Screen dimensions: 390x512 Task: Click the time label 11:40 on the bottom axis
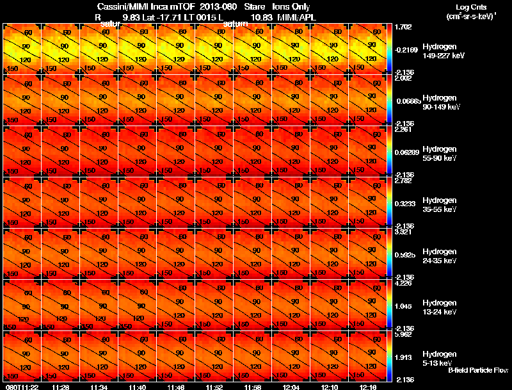click(137, 386)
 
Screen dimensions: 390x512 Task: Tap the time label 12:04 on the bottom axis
click(291, 386)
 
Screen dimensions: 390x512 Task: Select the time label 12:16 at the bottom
click(367, 386)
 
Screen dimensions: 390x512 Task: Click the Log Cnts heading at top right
click(470, 6)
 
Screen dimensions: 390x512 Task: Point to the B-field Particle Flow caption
click(478, 370)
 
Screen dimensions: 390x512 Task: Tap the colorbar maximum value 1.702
click(404, 27)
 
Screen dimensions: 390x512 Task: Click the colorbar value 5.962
click(404, 334)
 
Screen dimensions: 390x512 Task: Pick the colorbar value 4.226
click(404, 282)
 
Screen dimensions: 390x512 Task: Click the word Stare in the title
click(254, 6)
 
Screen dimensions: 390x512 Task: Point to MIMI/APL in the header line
click(296, 17)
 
